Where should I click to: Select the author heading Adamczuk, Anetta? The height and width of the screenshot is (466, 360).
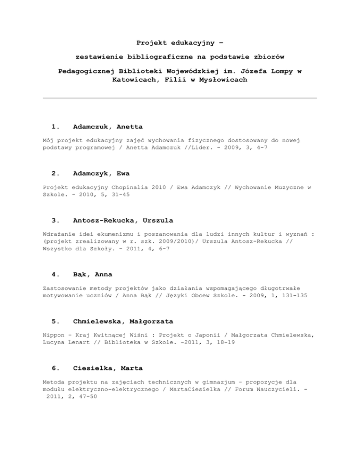[x=108, y=127]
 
